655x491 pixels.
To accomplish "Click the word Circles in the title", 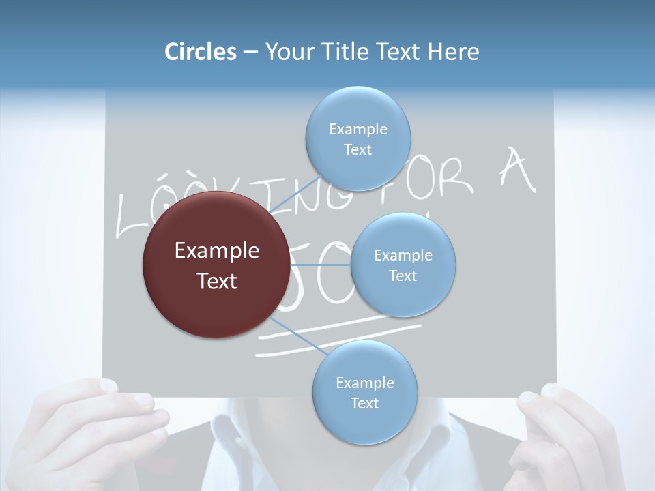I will point(200,52).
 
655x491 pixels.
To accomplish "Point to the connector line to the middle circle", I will point(319,265).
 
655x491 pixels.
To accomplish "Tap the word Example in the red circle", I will point(217,251).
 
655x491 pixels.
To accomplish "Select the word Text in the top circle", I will point(358,149).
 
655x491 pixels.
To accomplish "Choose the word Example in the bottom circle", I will point(365,383).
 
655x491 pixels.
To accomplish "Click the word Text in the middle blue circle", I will point(403,276).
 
